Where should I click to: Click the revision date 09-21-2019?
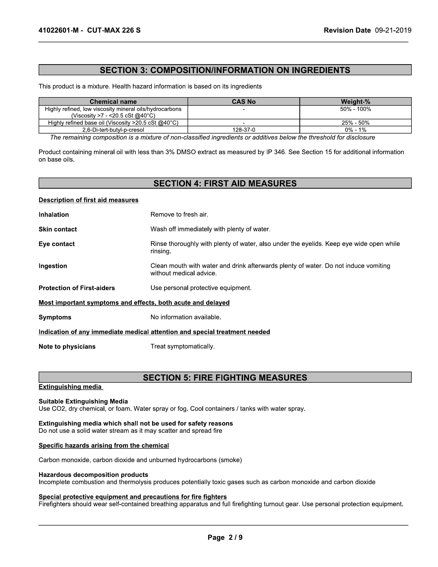[393, 31]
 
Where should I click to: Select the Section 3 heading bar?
[225, 70]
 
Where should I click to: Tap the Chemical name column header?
[113, 102]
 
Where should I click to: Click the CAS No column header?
[244, 102]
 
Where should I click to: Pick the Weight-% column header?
[356, 102]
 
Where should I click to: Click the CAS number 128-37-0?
[244, 130]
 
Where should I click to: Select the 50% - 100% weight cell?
[356, 109]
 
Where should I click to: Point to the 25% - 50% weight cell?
[356, 123]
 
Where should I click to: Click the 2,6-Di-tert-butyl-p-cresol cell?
[113, 130]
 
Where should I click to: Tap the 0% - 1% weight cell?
[356, 130]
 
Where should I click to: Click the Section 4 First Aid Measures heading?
[225, 184]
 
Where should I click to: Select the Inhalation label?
[54, 215]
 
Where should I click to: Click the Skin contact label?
[58, 229]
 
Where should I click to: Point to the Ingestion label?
[53, 266]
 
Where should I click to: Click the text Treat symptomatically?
[182, 346]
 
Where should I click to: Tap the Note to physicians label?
[67, 347]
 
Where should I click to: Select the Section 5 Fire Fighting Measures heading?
[225, 378]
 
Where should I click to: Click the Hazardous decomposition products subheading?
[94, 475]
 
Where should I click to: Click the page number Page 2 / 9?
[225, 537]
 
